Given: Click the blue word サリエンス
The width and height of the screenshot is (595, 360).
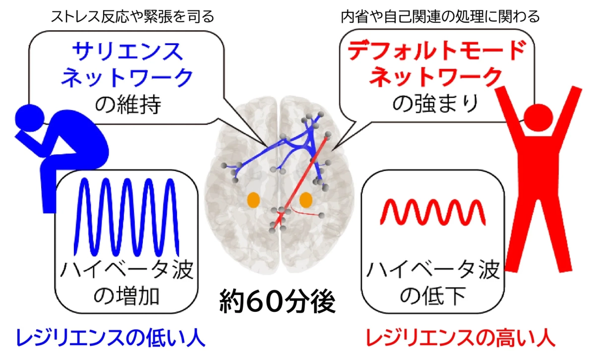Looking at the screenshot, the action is pyautogui.click(x=128, y=52).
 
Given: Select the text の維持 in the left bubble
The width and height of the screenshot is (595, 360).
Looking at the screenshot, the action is pyautogui.click(x=128, y=105).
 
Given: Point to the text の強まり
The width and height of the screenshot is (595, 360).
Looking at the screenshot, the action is pyautogui.click(x=436, y=103).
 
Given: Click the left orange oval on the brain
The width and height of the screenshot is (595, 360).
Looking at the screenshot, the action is pyautogui.click(x=253, y=200).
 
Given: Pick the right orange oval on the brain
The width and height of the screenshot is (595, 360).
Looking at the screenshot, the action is pyautogui.click(x=306, y=200).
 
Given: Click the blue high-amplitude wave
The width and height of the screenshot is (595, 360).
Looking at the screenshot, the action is pyautogui.click(x=127, y=217).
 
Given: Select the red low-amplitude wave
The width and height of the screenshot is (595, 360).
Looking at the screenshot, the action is pyautogui.click(x=433, y=212).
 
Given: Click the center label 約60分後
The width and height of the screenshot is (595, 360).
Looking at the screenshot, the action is pyautogui.click(x=277, y=301).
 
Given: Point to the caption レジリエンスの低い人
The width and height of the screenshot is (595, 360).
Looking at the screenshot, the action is pyautogui.click(x=111, y=338).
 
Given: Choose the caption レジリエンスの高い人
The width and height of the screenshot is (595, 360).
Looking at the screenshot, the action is pyautogui.click(x=461, y=338).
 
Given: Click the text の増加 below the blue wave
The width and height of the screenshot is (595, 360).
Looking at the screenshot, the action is pyautogui.click(x=127, y=296).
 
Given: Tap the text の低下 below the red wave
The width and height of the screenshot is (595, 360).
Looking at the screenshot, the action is pyautogui.click(x=433, y=296).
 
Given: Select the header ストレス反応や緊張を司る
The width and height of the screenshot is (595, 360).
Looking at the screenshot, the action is pyautogui.click(x=132, y=16).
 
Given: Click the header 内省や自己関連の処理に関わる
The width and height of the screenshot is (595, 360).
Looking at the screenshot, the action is pyautogui.click(x=440, y=16).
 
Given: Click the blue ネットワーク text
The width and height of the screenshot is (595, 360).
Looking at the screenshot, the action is pyautogui.click(x=127, y=77).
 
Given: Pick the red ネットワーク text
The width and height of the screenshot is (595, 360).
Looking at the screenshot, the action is pyautogui.click(x=436, y=76).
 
